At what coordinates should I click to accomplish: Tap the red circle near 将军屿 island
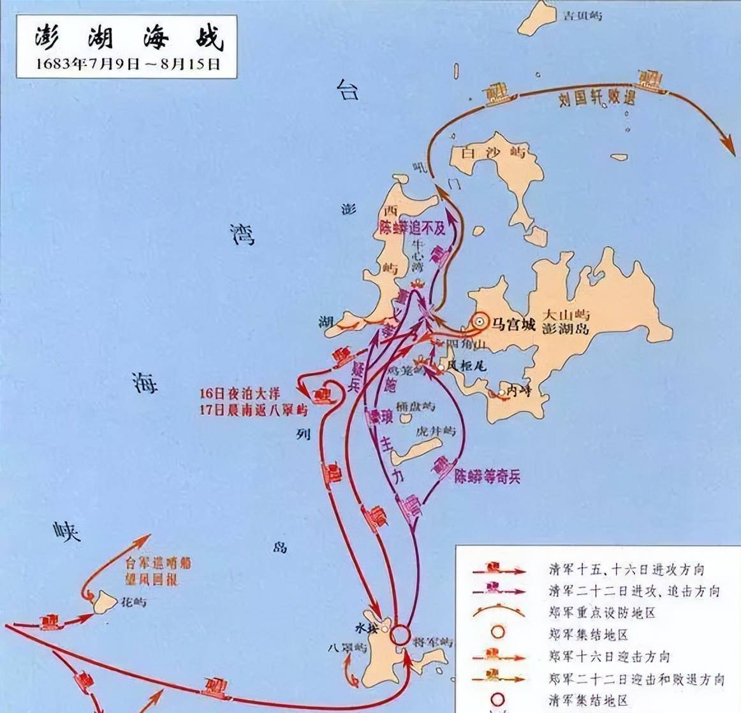[400, 635]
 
